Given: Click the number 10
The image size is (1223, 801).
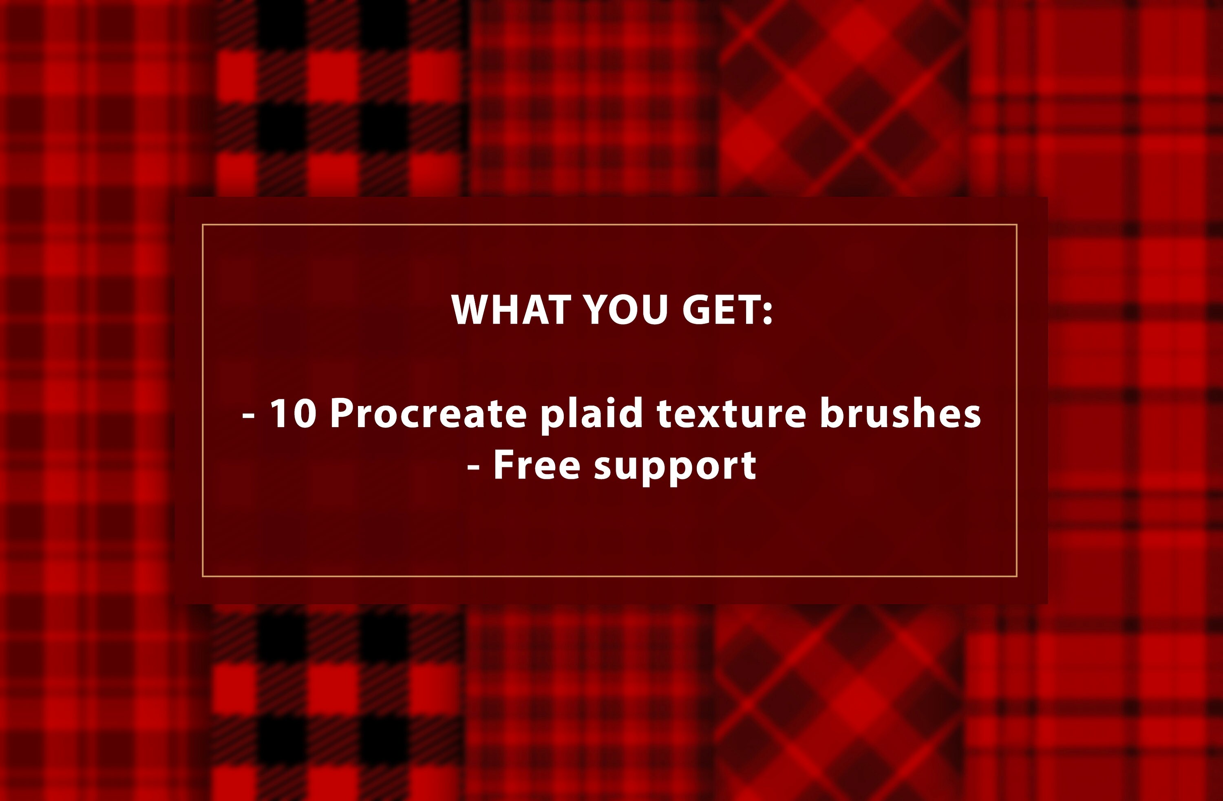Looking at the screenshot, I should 293,414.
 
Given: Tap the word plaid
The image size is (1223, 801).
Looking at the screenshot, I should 592,414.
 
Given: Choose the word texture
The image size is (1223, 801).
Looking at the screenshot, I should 732,414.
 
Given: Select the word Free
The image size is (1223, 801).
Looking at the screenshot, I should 536,465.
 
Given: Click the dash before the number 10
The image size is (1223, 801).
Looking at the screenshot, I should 249,415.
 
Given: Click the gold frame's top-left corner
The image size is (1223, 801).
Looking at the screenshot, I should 203,225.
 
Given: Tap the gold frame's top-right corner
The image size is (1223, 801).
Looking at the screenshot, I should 1016,225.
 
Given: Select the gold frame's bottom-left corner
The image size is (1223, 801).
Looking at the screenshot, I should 203,576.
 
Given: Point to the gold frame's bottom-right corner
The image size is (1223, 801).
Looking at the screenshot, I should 1016,576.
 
